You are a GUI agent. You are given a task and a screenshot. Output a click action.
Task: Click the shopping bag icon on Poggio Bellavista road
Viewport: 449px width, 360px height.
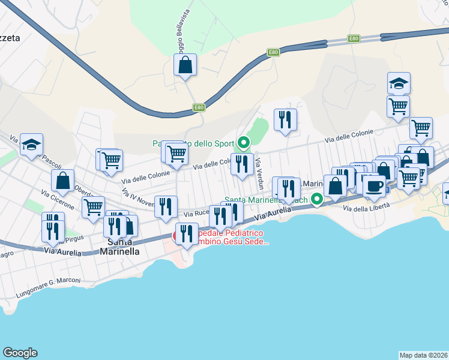pyautogui.click(x=185, y=65)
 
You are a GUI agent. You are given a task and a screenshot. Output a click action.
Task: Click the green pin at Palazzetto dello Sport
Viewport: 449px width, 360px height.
pyautogui.click(x=244, y=143)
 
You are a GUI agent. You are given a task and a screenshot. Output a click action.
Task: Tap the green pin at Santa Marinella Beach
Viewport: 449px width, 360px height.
pyautogui.click(x=317, y=198)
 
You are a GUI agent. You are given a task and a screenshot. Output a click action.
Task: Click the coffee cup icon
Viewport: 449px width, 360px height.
pyautogui.click(x=374, y=185)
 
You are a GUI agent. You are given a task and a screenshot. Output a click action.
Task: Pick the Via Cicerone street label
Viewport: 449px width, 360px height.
pyautogui.click(x=58, y=200)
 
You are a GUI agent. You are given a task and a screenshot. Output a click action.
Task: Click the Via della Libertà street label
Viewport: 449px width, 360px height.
pyautogui.click(x=366, y=207)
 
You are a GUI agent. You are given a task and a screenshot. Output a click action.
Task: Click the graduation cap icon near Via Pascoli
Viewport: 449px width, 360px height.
pyautogui.click(x=31, y=144)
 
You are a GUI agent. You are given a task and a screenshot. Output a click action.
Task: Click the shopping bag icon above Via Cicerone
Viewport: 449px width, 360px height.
pyautogui.click(x=63, y=180)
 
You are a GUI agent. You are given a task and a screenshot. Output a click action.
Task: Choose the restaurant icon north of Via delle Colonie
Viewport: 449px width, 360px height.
pyautogui.click(x=286, y=119)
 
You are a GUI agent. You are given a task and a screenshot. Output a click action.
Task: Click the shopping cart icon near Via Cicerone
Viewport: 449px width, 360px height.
pyautogui.click(x=93, y=207)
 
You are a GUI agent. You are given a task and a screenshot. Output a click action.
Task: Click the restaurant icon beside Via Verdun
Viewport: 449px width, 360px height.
pyautogui.click(x=242, y=164)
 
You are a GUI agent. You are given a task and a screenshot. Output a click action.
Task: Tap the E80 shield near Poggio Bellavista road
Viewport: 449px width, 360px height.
pyautogui.click(x=198, y=107)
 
